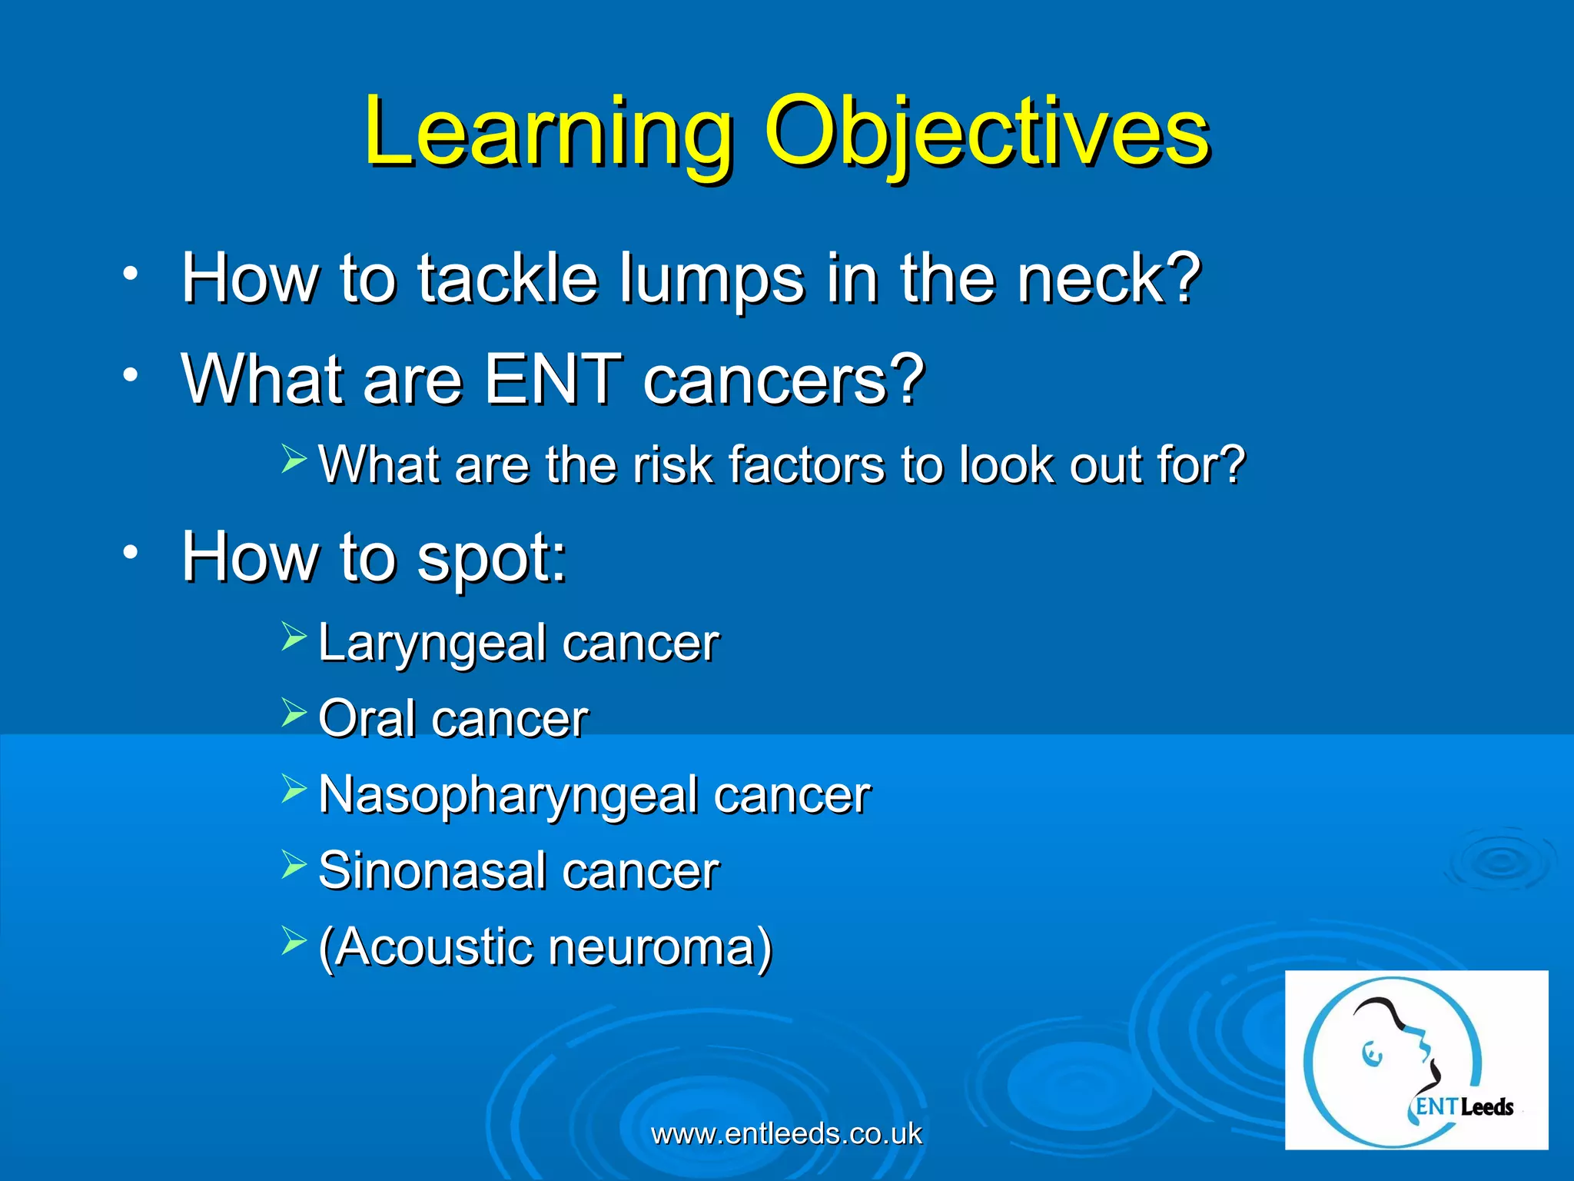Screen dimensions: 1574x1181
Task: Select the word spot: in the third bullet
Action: [492, 558]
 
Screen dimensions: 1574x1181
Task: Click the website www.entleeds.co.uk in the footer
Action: [786, 1133]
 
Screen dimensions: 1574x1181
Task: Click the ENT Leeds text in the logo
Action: [1464, 1107]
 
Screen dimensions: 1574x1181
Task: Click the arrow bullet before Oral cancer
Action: [294, 713]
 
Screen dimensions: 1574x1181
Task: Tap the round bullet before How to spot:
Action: [131, 552]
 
